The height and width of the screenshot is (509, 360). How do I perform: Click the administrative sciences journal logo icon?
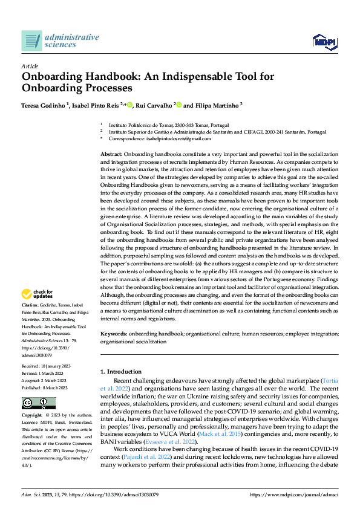(32, 41)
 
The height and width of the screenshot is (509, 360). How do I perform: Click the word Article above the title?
(30, 66)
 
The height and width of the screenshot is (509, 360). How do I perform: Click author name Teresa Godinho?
(44, 105)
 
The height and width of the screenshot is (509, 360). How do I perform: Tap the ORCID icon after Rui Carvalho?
(179, 105)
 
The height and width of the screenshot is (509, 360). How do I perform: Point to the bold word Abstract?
(113, 155)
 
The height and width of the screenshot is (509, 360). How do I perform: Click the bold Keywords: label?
(114, 334)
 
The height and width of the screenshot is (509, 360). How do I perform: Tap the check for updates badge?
(37, 294)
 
